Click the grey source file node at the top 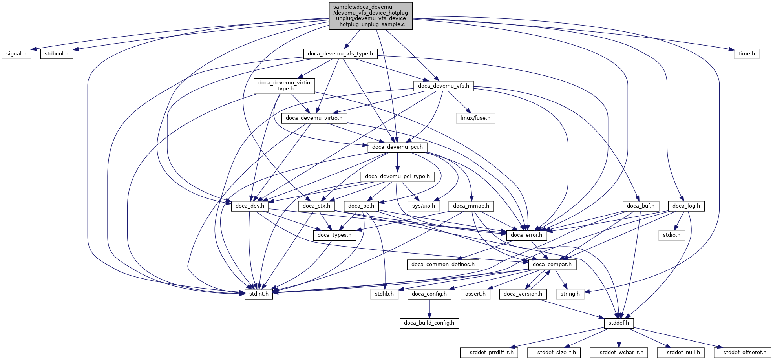[x=371, y=16]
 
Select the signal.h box [x=16, y=54]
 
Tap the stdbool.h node [x=57, y=54]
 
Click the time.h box [x=746, y=54]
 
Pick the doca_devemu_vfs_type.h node [x=340, y=54]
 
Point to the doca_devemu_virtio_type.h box [x=284, y=86]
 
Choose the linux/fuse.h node [x=475, y=118]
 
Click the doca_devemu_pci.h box [x=397, y=147]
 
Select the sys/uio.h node [x=423, y=206]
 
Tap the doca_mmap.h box [x=471, y=206]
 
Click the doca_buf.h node [x=640, y=206]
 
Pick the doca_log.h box [x=686, y=206]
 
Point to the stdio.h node [x=671, y=235]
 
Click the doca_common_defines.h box [x=443, y=265]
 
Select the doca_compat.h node [x=552, y=265]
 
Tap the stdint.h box [x=259, y=294]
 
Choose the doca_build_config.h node [x=429, y=323]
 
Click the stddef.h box [x=618, y=323]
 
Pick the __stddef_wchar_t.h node [x=619, y=353]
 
